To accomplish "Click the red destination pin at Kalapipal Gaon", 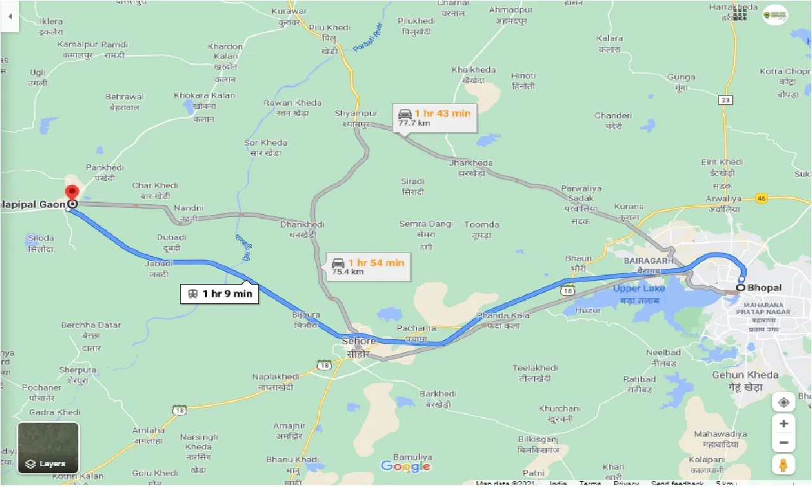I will point(72,192).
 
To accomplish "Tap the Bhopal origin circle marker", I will point(740,288).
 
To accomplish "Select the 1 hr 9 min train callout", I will point(219,294).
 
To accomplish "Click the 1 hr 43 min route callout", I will point(435,117).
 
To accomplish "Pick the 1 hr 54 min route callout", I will point(368,266).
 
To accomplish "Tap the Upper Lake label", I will point(639,289).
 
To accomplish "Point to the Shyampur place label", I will point(356,114).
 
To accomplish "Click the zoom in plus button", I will point(784,424).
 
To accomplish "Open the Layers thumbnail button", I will point(48,448).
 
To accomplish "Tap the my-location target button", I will point(784,403).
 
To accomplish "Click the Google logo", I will point(405,467).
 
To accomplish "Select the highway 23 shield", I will point(726,100).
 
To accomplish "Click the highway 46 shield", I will point(762,199).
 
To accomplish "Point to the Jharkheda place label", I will point(471,163).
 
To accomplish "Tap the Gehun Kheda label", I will point(745,375).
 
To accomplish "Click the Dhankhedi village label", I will point(303,225).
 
